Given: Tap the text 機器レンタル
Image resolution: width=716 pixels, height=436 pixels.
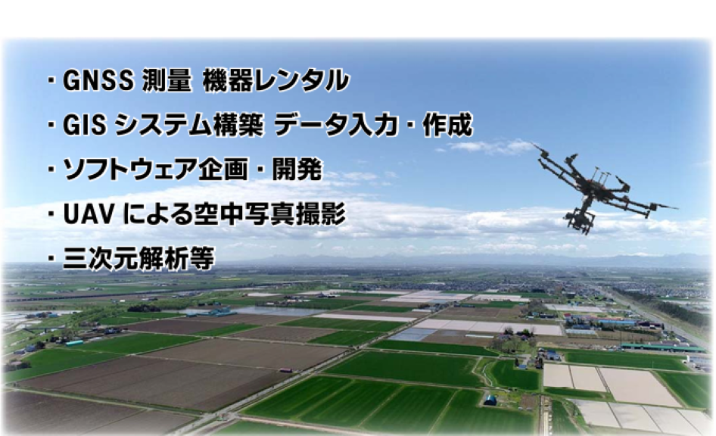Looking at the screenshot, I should [x=276, y=81].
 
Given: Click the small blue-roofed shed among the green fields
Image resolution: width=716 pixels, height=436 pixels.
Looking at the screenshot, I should [x=490, y=400].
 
